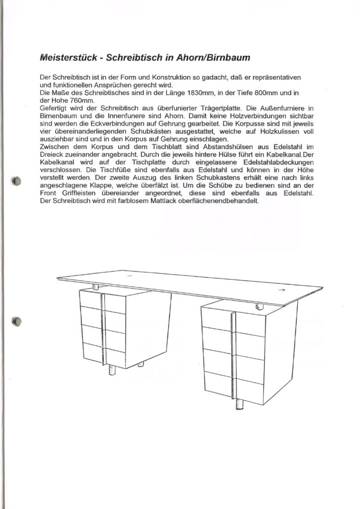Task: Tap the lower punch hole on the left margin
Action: [x=16, y=321]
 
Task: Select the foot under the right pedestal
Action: [x=239, y=404]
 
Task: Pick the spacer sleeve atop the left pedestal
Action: [x=96, y=287]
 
